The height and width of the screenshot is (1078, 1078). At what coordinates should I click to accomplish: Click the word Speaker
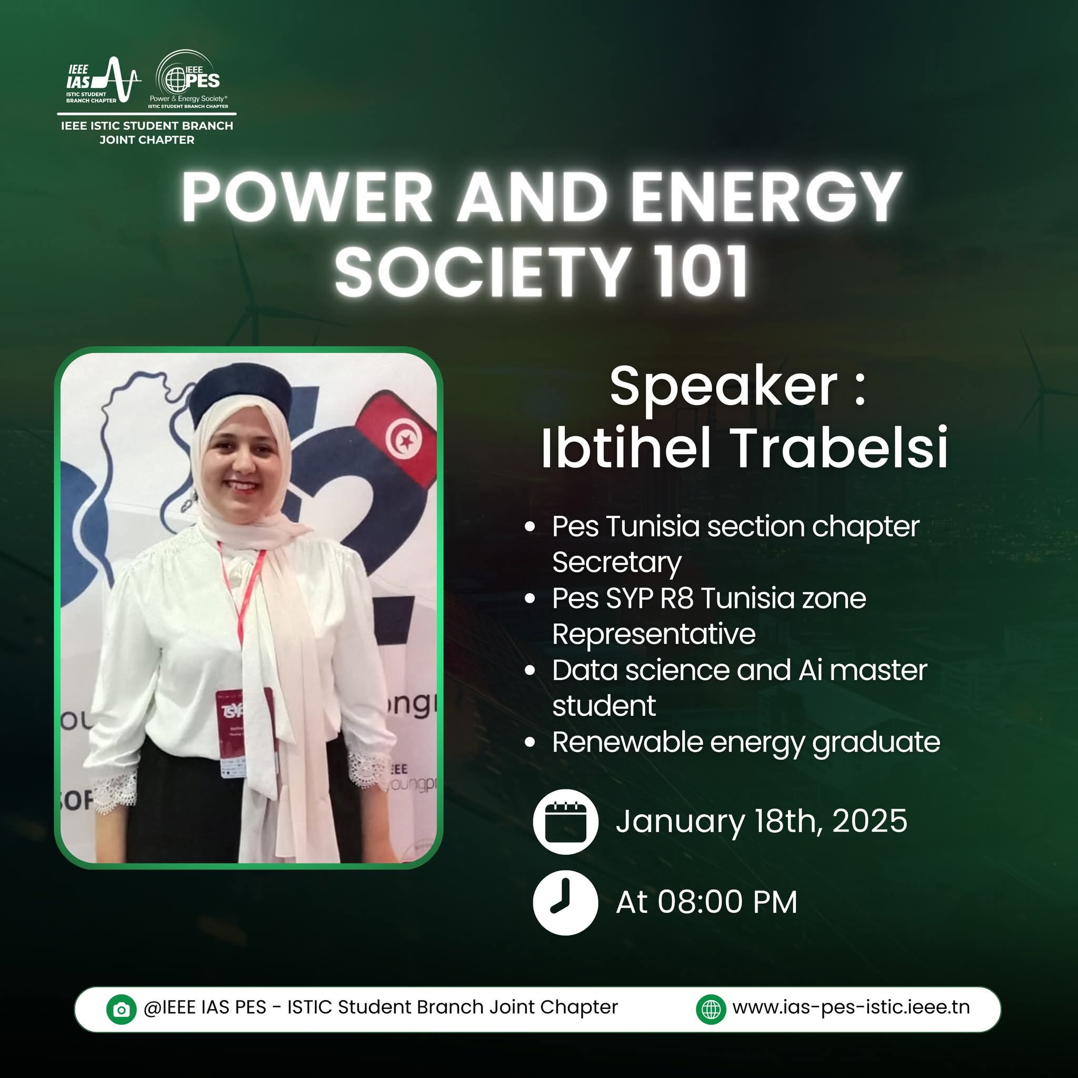coord(724,386)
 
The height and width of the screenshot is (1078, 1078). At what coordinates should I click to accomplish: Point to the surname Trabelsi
coord(839,447)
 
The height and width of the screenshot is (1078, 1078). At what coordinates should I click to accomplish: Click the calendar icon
coord(565,821)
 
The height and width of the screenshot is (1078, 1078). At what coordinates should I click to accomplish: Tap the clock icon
coord(565,902)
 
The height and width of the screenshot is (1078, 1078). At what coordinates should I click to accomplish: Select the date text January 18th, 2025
coord(762,821)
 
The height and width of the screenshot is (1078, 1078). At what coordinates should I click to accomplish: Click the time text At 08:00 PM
coord(706,902)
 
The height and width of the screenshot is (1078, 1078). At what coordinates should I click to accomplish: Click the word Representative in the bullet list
coord(654,634)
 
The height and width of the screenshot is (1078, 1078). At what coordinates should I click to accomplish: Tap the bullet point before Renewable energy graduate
coord(530,742)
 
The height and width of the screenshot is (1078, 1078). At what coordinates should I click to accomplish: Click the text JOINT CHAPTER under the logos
coord(147,140)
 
